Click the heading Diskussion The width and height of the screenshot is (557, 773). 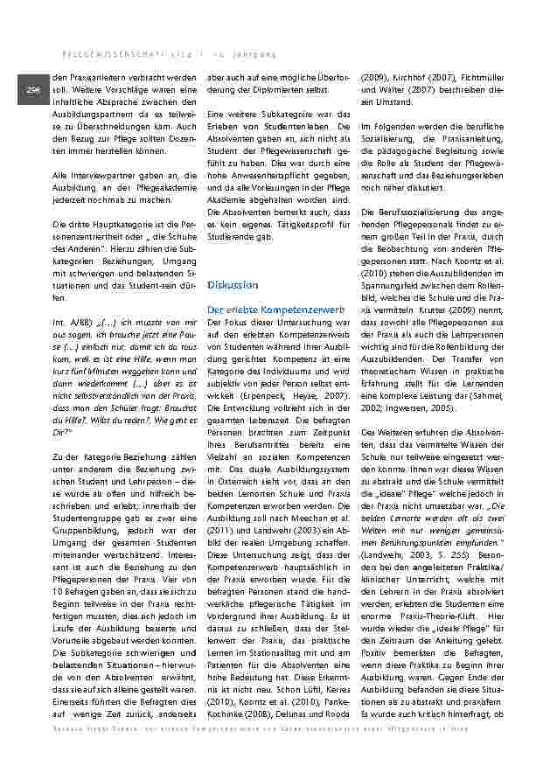coord(233,285)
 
